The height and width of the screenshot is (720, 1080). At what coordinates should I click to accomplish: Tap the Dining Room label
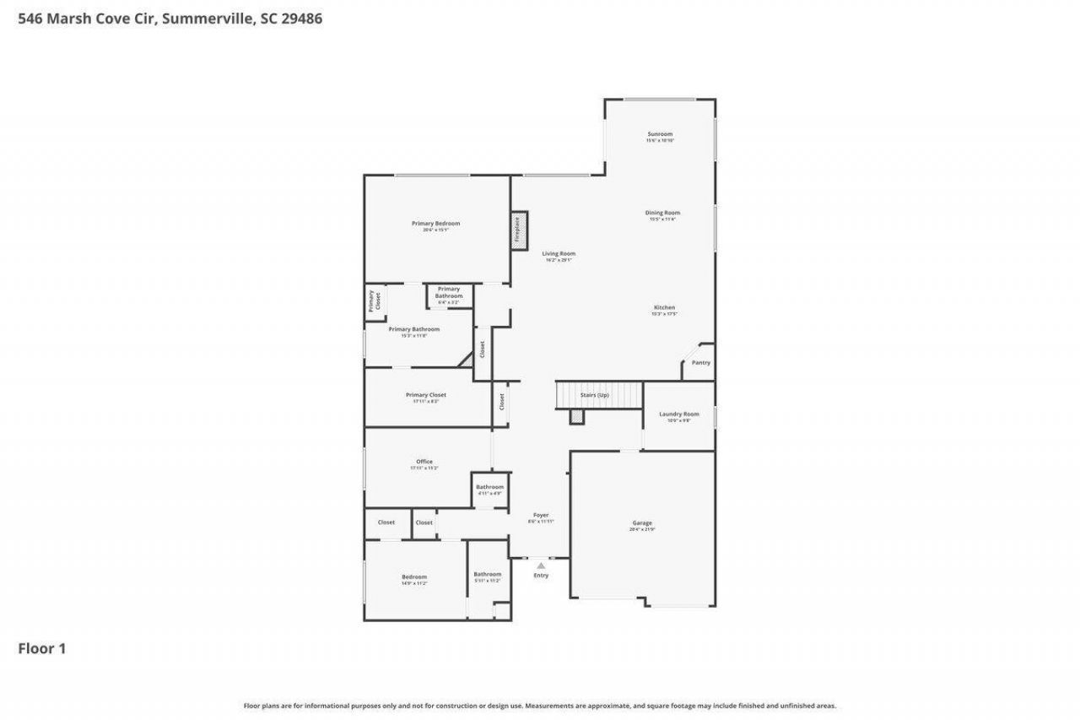(x=662, y=214)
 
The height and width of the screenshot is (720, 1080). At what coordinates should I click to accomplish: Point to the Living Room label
(x=559, y=254)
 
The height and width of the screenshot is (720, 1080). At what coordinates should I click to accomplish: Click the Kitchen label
(x=664, y=308)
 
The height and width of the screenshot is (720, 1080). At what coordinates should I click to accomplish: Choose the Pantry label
(x=701, y=363)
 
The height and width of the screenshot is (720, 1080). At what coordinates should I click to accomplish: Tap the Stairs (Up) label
(x=594, y=395)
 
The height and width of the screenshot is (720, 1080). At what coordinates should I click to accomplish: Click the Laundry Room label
(x=679, y=414)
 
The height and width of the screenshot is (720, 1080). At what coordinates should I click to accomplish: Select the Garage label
(x=642, y=524)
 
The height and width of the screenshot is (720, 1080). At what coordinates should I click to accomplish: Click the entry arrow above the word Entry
(x=541, y=566)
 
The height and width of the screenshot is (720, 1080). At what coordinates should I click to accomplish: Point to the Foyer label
(x=541, y=516)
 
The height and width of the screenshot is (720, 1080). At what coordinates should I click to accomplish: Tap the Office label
(x=424, y=463)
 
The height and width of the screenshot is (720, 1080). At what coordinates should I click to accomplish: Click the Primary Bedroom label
(x=435, y=224)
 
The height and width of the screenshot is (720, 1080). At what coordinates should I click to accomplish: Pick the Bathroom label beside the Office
(x=489, y=488)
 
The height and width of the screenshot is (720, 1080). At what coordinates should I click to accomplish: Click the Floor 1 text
(x=42, y=649)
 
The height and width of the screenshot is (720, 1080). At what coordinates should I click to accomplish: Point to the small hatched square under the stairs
(x=576, y=416)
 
